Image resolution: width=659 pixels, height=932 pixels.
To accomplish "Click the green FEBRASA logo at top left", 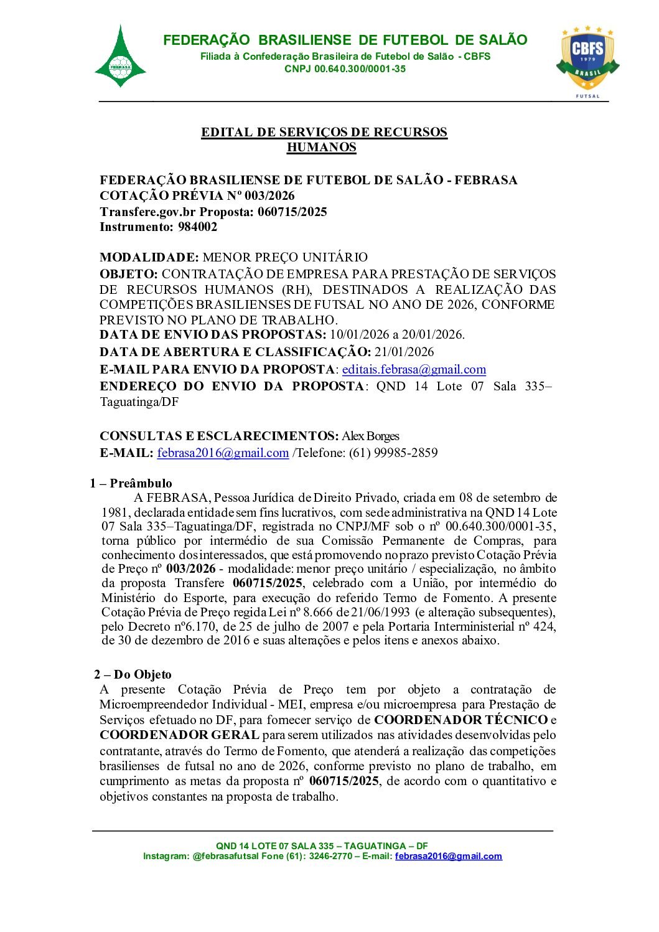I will pyautogui.click(x=120, y=58).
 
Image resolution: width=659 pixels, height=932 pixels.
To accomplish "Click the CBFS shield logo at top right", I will pyautogui.click(x=587, y=58).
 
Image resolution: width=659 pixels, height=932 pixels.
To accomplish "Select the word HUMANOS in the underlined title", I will pyautogui.click(x=321, y=148).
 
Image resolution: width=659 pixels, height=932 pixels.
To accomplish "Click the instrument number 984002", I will pyautogui.click(x=197, y=227).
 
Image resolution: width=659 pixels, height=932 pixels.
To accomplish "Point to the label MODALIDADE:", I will pyautogui.click(x=149, y=257).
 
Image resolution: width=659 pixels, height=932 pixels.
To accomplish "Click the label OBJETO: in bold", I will pyautogui.click(x=129, y=274).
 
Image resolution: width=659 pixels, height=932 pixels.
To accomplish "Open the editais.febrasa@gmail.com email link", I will pyautogui.click(x=414, y=370).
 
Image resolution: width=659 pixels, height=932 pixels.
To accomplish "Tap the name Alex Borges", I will pyautogui.click(x=370, y=436).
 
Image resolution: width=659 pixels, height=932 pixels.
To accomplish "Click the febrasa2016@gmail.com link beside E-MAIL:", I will pyautogui.click(x=223, y=453).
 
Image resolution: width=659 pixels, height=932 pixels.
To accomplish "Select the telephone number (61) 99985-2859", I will pyautogui.click(x=393, y=453).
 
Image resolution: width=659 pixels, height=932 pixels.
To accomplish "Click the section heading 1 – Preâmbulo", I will pyautogui.click(x=131, y=483).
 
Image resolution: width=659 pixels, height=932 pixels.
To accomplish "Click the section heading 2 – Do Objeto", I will pyautogui.click(x=133, y=674).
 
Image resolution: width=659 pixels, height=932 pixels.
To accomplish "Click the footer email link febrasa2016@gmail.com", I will pyautogui.click(x=448, y=856).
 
